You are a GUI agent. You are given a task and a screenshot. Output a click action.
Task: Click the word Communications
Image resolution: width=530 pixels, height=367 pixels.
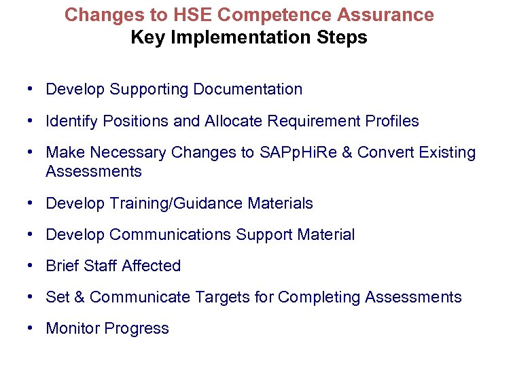pyautogui.click(x=170, y=235)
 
